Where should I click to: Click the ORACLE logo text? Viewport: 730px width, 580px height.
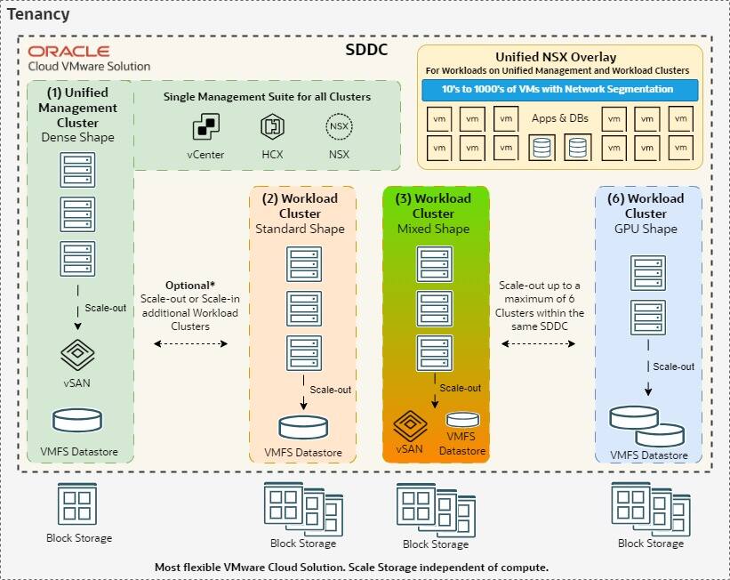point(68,52)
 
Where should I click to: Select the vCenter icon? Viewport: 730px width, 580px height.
point(205,127)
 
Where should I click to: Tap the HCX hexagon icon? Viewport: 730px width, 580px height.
point(272,127)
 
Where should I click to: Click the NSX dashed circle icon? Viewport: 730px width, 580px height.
point(338,127)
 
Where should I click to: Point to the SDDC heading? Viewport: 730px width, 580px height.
point(366,50)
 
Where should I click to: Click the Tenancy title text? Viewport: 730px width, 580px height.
point(38,15)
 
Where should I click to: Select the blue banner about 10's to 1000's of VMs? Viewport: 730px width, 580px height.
point(558,89)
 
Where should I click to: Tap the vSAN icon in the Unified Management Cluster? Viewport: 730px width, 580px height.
point(77,356)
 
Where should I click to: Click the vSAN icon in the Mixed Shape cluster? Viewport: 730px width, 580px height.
point(411,425)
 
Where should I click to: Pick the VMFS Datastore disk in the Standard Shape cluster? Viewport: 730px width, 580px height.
point(303,427)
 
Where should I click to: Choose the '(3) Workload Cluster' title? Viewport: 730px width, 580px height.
point(434,205)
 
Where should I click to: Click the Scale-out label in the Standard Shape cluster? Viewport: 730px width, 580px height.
point(330,390)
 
